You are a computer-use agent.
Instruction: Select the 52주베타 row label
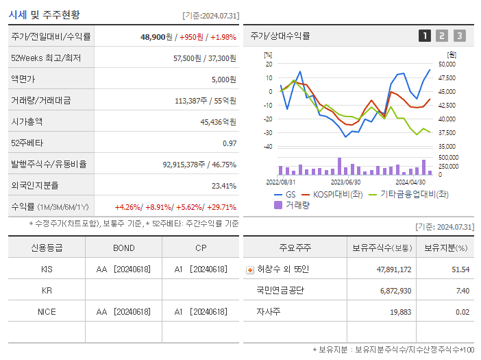click(27, 143)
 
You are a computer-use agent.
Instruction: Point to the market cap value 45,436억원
click(218, 121)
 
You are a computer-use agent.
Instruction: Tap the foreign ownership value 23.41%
click(224, 185)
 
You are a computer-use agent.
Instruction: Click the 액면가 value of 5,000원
click(223, 79)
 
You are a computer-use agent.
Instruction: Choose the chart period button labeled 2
click(442, 36)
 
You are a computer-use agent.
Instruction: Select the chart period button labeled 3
click(459, 36)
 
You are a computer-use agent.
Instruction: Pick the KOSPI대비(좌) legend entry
click(332, 194)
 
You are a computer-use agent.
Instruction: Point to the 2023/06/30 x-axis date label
click(345, 182)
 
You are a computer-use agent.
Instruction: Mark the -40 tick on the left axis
click(269, 146)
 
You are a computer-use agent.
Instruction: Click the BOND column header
click(124, 248)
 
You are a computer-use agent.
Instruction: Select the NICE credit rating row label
click(47, 311)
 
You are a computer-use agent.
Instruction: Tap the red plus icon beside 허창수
click(250, 269)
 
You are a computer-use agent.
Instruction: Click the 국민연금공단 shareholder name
click(280, 291)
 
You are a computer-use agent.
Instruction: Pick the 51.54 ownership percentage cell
click(460, 269)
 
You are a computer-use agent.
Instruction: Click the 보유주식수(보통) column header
click(382, 248)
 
